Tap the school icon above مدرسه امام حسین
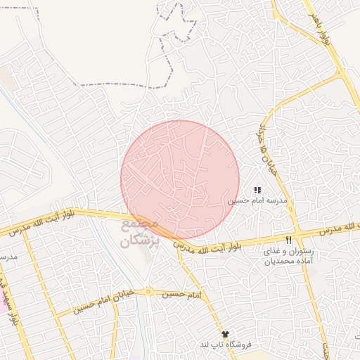click(257, 190)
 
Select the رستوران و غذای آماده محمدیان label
click(287, 255)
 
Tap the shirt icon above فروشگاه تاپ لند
click(225, 334)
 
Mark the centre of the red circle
click(180, 180)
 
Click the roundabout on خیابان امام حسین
click(148, 290)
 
